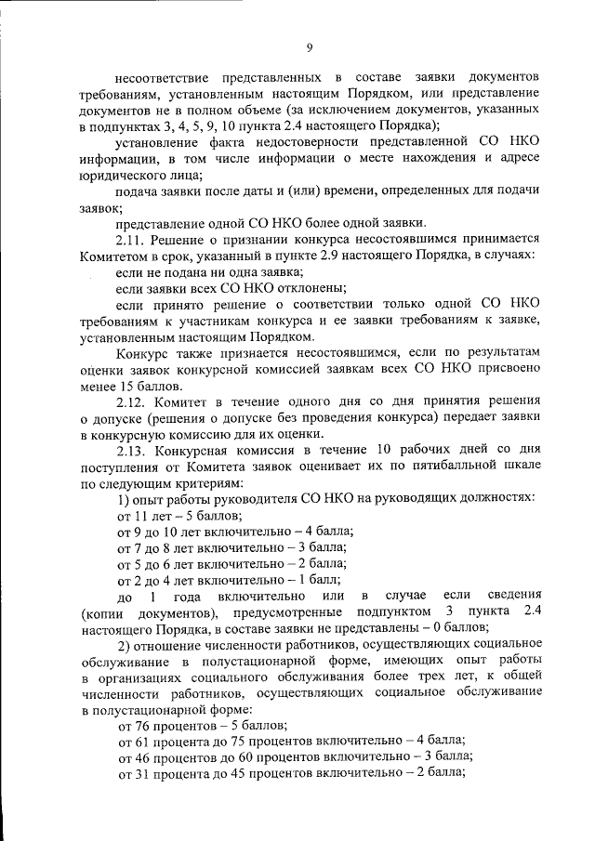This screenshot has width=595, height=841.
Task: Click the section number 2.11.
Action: tap(132, 239)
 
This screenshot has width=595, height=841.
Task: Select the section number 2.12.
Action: tap(132, 401)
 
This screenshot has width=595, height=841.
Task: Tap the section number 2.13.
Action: tap(132, 450)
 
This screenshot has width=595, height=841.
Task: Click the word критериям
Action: tap(202, 483)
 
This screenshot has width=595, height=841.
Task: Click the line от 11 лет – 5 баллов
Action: tap(178, 515)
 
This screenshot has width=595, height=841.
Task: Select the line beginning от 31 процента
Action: tap(289, 773)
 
